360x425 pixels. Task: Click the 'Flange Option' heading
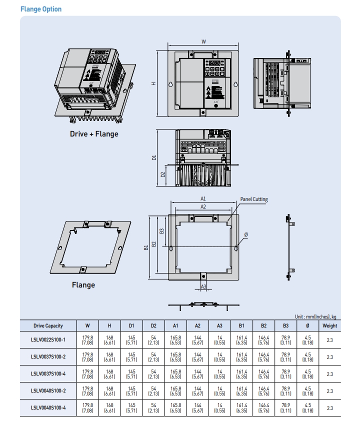pos(41,9)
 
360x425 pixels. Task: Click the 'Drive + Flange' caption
pos(94,133)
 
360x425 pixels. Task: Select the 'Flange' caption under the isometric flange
pos(83,284)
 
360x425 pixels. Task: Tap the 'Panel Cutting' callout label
pos(253,199)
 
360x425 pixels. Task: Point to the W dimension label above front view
pos(203,42)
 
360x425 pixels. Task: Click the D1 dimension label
pos(154,157)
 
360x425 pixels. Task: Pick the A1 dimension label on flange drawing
pos(203,198)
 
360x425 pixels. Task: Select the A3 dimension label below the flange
pos(203,286)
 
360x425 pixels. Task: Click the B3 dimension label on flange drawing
pos(161,231)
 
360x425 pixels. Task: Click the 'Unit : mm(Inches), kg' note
pos(315,316)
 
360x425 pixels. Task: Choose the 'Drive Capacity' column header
pos(48,325)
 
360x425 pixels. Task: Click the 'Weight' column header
pos(329,325)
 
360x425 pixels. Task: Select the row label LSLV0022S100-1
pos(48,340)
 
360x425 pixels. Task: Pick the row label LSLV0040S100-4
pos(48,407)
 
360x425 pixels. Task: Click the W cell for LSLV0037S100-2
pos(87,357)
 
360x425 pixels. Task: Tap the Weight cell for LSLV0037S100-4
pos(329,374)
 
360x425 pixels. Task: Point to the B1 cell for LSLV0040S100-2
pos(241,391)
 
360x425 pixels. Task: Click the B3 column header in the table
pos(285,325)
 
